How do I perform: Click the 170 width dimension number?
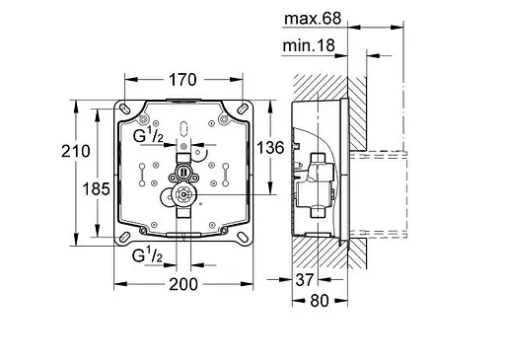point(182,80)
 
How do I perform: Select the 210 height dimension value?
point(76,151)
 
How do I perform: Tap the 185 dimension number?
point(96,189)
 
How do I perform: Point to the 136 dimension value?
point(270,148)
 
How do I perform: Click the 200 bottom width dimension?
point(183,284)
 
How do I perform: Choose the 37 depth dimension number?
point(305,280)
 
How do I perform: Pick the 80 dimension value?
point(320,301)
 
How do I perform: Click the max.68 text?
point(313,19)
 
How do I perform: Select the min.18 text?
point(309,45)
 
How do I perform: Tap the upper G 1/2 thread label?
point(148,135)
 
